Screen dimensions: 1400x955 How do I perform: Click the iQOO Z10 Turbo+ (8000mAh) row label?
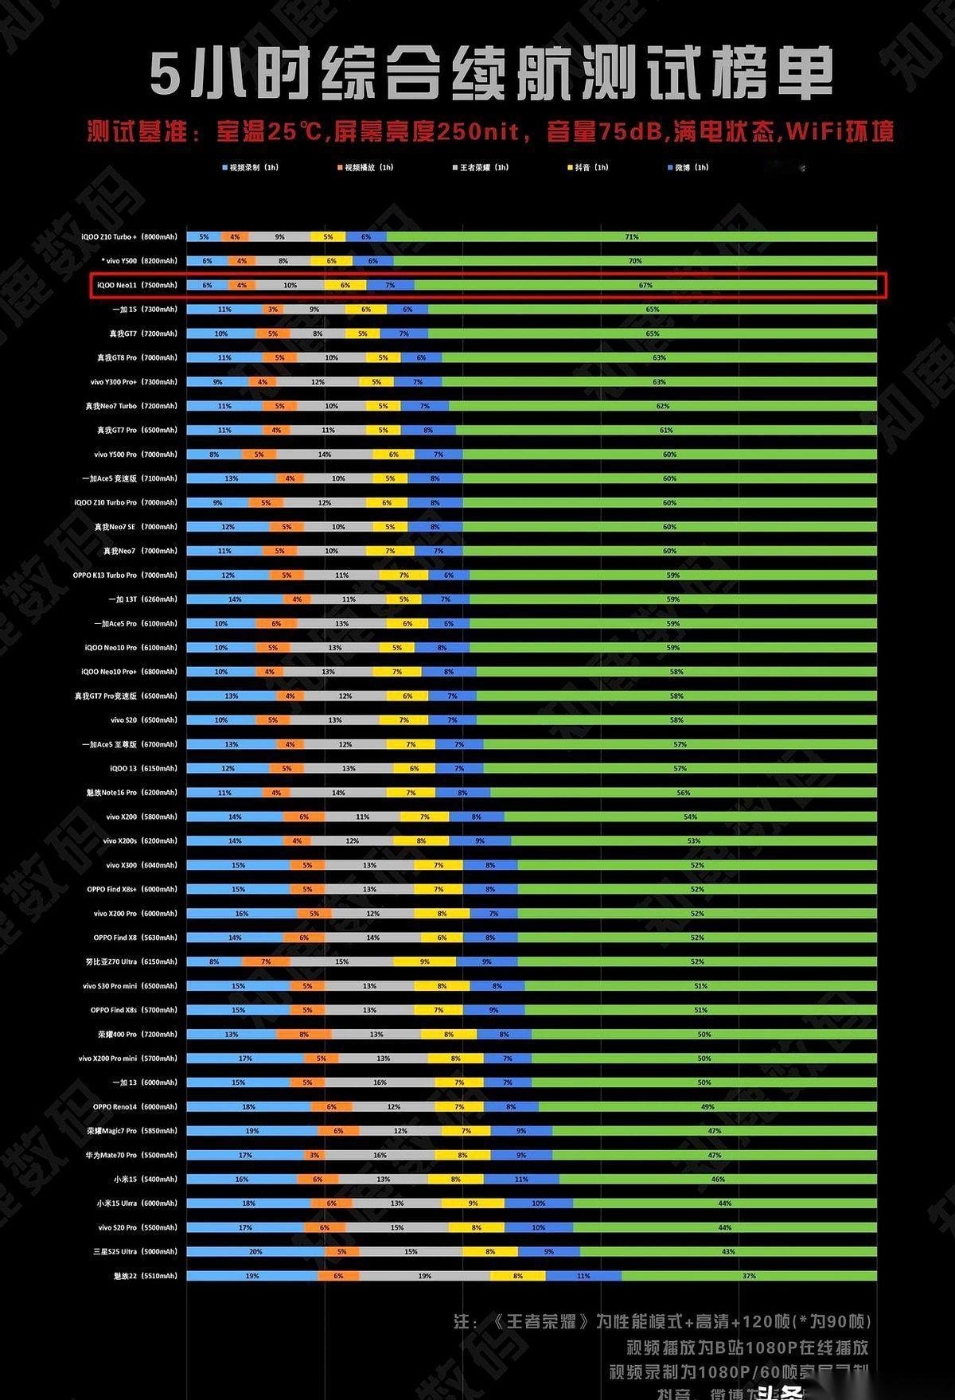tap(129, 237)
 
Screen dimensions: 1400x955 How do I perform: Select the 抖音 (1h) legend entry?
tap(588, 168)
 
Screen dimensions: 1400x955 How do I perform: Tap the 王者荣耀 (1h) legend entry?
tap(481, 168)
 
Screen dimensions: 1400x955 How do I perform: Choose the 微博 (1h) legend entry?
tap(688, 168)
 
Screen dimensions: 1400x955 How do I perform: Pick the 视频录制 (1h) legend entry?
tap(251, 168)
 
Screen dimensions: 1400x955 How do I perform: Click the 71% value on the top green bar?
tap(632, 237)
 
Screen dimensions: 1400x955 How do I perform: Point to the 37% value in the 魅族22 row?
tap(749, 1276)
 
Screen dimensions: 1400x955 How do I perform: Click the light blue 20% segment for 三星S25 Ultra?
tap(255, 1252)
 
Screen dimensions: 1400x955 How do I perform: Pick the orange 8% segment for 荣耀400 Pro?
tap(304, 1035)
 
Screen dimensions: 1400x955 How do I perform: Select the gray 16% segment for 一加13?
tap(380, 1082)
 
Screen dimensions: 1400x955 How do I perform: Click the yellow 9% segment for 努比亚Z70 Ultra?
tap(425, 961)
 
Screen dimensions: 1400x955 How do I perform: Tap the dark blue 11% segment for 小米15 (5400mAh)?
tap(521, 1180)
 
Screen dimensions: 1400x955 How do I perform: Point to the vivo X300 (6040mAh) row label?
tap(142, 865)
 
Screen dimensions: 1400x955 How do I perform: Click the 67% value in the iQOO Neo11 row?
tap(645, 285)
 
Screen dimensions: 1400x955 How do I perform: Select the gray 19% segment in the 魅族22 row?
tap(425, 1276)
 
